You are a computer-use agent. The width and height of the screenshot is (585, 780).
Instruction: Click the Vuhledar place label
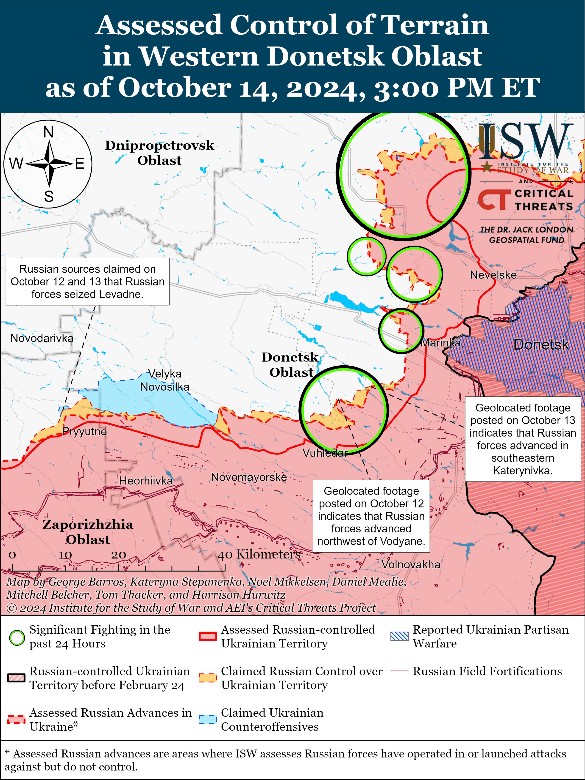[325, 453]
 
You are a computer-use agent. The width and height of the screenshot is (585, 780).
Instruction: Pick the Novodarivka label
[42, 338]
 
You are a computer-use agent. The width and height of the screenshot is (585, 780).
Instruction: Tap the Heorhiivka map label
[146, 480]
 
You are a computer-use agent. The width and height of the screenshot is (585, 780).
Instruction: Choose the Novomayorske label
[249, 477]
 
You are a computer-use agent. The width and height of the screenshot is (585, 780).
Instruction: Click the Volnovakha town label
[411, 564]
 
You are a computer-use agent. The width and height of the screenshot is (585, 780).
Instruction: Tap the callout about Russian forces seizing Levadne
[88, 281]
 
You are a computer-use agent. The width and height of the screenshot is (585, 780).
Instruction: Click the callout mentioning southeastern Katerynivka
[523, 439]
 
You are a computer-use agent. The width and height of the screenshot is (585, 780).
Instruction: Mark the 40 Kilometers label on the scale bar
[259, 554]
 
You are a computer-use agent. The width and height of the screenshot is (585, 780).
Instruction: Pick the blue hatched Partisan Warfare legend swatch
[399, 636]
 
